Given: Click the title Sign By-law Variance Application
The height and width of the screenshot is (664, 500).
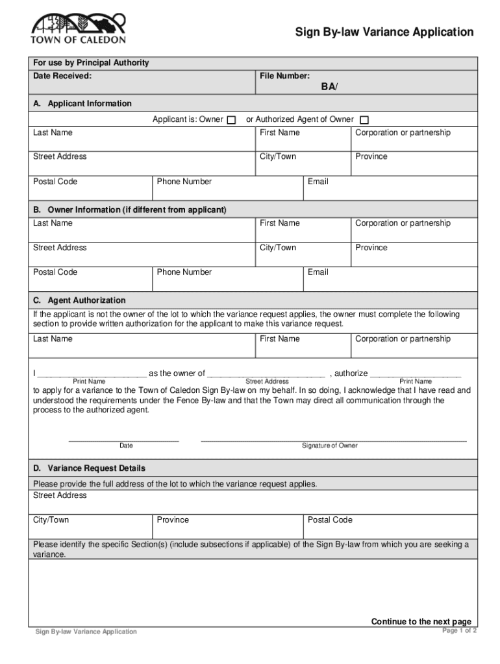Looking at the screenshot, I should (384, 32).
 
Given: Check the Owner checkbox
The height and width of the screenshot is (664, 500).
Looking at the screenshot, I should (231, 120).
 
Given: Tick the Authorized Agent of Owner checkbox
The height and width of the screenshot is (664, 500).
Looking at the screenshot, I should (364, 120).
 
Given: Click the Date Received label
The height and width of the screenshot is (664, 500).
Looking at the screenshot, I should (62, 77).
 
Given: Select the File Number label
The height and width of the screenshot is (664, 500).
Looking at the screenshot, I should (284, 77).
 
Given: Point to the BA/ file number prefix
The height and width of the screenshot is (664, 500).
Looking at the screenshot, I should (329, 87).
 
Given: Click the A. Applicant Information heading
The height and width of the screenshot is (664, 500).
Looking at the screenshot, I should (82, 104).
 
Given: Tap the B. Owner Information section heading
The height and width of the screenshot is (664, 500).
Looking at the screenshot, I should (130, 210).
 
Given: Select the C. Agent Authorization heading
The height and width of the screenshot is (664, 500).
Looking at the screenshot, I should (80, 301).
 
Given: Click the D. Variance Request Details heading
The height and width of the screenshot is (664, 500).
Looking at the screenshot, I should (90, 468).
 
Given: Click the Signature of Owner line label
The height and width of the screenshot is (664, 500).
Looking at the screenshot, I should (329, 446).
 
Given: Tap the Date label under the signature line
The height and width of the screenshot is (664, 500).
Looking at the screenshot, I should (126, 446).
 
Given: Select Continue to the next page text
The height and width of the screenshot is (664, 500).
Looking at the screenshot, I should (421, 622).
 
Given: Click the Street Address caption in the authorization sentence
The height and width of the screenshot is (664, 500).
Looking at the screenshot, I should (267, 382).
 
